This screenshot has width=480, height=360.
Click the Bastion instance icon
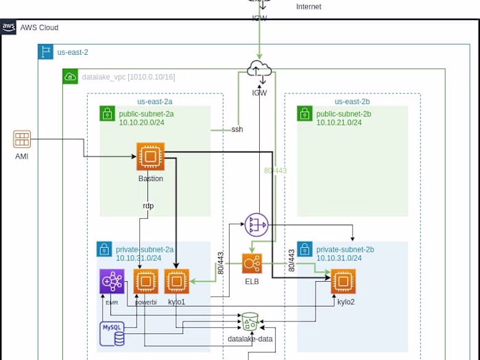coord(150,156)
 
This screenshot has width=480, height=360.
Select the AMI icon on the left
coord(22,139)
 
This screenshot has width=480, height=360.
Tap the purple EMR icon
coord(112,281)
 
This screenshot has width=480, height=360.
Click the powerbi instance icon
coord(145,281)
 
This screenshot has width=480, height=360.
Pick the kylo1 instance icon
coord(176,281)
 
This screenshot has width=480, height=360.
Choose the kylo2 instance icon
coord(344,281)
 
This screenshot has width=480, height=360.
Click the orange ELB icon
coord(252,264)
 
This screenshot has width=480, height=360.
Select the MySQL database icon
coord(112,333)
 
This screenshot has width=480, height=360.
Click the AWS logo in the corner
coord(9,27)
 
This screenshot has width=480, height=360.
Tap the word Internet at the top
coord(309,7)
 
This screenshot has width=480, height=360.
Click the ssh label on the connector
coord(237,129)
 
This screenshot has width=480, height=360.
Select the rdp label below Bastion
coord(148,206)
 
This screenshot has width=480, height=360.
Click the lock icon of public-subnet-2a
coord(107,113)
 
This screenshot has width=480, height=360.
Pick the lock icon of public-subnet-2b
coord(304,113)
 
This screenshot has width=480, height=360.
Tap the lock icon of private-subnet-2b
coord(304,249)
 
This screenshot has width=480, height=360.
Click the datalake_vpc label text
coord(128,77)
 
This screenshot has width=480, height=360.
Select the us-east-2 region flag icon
coord(46,52)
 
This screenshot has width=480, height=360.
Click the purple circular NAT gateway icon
coord(256,224)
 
